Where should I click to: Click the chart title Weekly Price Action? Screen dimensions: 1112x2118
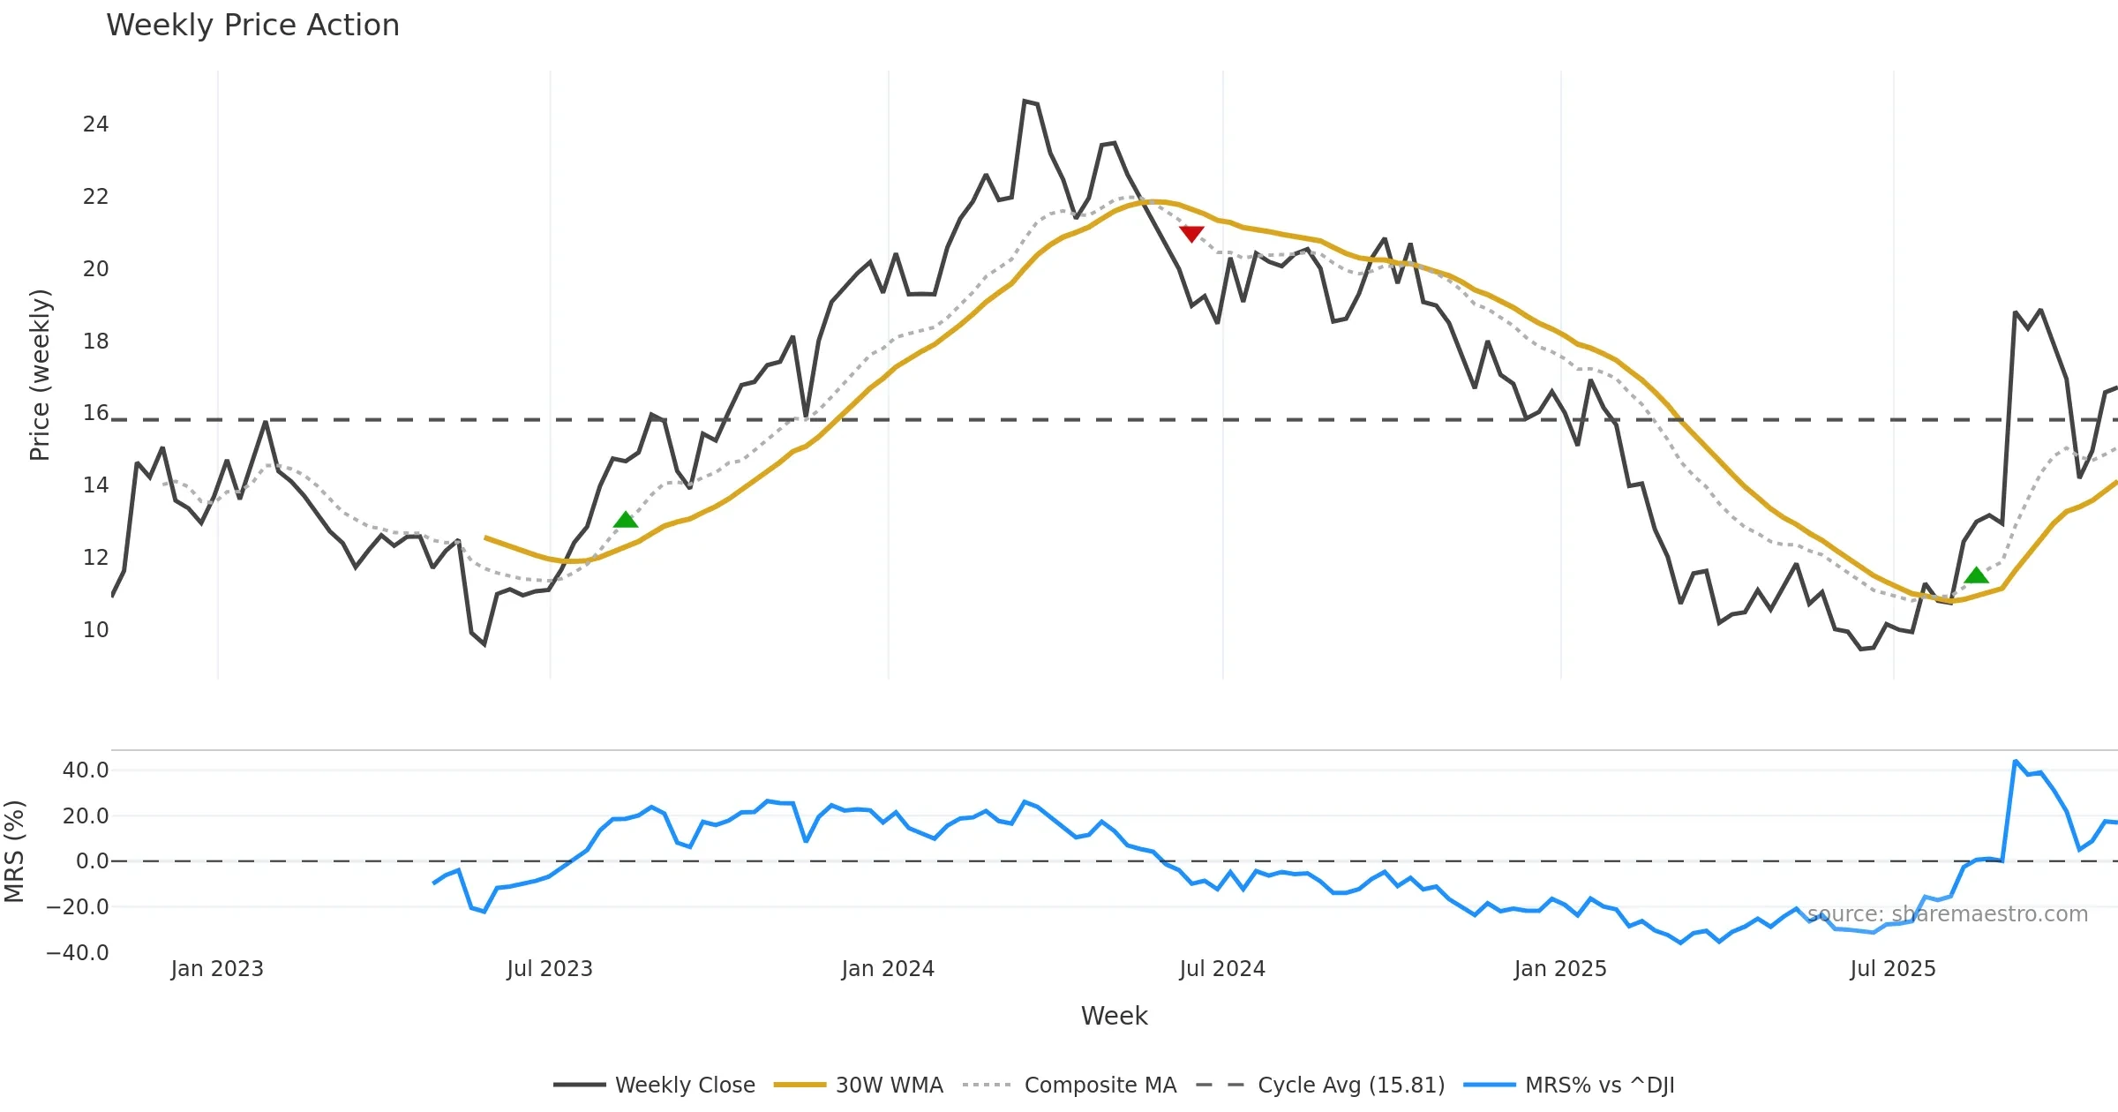252,26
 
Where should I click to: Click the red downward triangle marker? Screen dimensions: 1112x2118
1191,233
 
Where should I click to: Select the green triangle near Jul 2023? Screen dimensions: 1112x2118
625,520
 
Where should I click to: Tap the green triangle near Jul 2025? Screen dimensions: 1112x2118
1977,575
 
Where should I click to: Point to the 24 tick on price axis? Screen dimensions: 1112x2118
95,124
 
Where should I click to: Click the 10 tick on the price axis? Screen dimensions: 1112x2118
95,630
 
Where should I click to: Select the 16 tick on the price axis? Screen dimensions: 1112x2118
95,413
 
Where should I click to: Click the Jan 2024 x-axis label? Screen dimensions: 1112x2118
887,969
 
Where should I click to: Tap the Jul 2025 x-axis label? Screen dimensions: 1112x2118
1892,969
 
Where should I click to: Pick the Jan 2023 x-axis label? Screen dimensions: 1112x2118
217,969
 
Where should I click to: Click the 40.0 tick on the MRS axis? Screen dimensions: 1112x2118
86,770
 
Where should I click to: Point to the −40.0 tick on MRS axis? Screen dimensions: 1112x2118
78,953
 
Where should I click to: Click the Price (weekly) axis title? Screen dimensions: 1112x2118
41,375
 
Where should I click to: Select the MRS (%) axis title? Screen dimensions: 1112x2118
15,852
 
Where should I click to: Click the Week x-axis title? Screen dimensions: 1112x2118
1114,1017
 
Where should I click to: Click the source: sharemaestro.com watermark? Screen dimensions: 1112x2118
1947,914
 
